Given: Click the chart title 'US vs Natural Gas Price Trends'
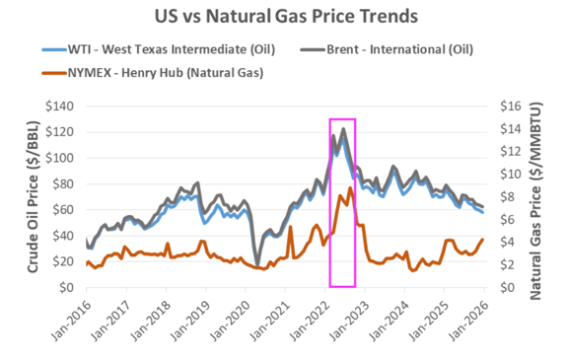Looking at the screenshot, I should tap(283, 17).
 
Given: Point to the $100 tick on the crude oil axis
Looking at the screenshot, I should tap(60, 158).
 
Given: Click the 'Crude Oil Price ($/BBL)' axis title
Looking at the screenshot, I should tap(33, 196).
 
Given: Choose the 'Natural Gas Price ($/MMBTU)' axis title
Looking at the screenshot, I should tap(539, 196).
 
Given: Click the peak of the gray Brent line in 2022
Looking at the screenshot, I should tap(343, 129).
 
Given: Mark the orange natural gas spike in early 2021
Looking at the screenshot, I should tap(291, 228).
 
